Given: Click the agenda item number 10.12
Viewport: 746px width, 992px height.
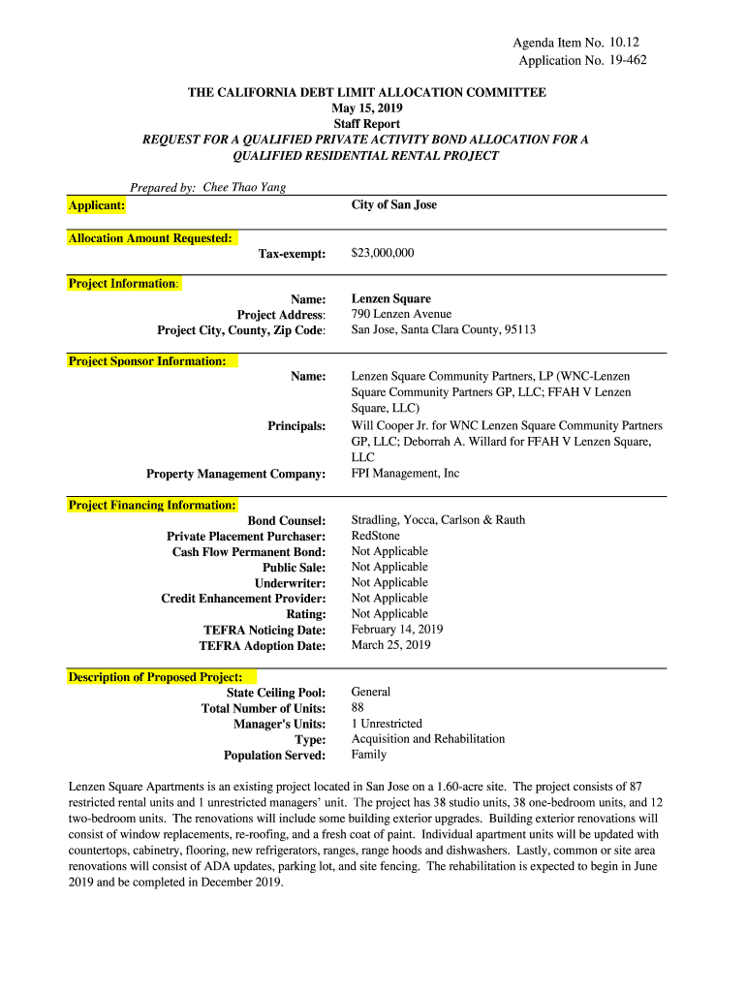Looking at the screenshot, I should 626,43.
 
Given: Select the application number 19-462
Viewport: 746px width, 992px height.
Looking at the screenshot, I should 628,60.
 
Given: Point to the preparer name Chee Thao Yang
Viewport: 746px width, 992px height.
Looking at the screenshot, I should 244,187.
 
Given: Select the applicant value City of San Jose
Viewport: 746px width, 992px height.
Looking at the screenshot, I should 393,205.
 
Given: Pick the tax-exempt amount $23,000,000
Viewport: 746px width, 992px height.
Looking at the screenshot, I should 382,253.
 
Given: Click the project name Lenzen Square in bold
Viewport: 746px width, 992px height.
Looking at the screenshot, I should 390,299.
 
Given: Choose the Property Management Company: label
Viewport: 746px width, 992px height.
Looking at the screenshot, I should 235,474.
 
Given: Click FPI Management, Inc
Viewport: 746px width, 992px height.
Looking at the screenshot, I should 405,474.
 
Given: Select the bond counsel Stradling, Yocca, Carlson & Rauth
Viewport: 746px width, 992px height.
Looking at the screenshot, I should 438,520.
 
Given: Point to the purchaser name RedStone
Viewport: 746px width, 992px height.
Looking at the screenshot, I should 375,536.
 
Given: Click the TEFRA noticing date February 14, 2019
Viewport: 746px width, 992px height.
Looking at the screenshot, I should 396,629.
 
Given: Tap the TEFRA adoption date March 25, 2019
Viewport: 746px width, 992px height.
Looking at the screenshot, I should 390,644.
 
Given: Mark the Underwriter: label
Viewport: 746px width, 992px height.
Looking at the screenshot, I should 290,582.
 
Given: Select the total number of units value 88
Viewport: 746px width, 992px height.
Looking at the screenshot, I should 357,708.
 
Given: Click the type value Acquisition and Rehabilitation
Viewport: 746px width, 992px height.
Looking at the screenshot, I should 427,739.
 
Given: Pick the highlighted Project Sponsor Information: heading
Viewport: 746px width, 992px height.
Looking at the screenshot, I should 147,361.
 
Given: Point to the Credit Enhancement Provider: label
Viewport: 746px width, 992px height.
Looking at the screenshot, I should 243,598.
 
